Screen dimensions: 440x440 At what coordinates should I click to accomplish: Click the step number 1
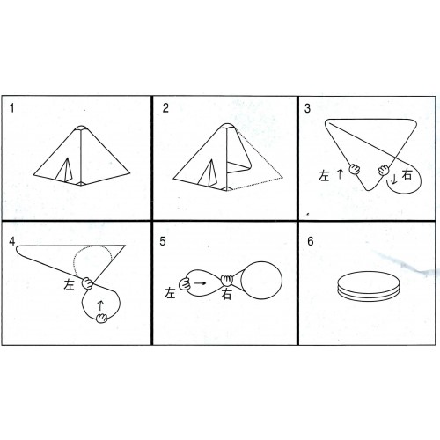click(11, 108)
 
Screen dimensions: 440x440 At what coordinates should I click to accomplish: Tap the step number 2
click(165, 108)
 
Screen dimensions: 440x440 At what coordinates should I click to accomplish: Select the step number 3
click(307, 108)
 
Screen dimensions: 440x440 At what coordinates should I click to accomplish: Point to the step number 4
click(11, 241)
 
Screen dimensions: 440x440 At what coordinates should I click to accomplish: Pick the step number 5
click(163, 241)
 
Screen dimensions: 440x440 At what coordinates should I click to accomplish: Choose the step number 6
click(311, 241)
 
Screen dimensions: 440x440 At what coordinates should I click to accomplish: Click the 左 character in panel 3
click(324, 175)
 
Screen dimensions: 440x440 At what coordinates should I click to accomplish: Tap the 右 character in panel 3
click(407, 174)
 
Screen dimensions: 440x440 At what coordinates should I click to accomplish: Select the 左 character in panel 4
click(70, 284)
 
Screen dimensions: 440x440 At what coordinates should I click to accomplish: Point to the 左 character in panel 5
click(170, 293)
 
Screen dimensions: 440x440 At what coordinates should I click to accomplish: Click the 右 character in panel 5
click(226, 294)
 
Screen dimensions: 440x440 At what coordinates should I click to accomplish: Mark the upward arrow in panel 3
click(340, 174)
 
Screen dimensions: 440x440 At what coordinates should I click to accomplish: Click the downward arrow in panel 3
click(394, 179)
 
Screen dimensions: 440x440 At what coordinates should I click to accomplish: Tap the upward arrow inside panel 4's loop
click(100, 305)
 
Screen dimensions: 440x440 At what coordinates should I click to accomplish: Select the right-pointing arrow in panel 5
click(200, 283)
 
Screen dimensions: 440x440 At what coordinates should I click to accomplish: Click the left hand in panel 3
click(355, 169)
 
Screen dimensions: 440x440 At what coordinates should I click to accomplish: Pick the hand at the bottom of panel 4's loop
click(102, 318)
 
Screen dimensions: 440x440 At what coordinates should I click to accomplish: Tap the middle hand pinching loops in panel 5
click(226, 281)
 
